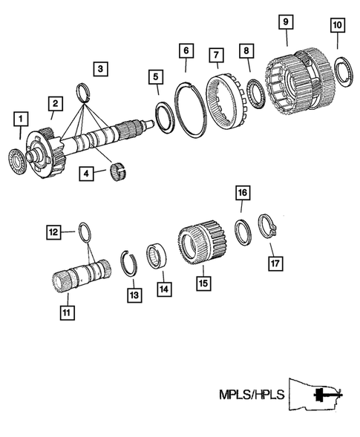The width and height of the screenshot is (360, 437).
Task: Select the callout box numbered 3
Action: [x=99, y=70]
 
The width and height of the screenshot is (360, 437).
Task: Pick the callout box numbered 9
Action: [x=285, y=22]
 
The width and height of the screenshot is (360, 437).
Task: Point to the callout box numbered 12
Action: [x=53, y=232]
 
